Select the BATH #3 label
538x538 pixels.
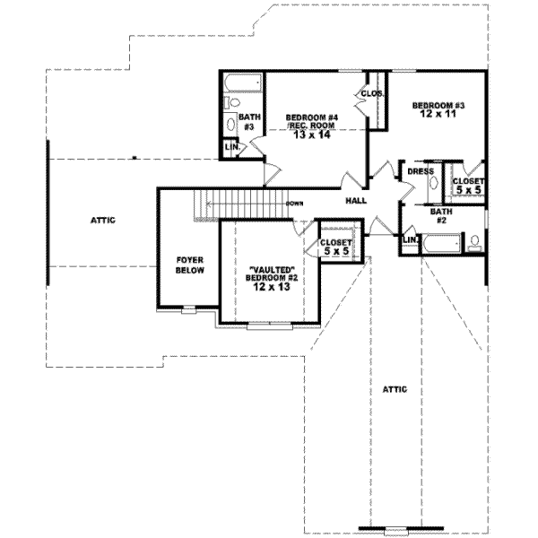click(x=249, y=122)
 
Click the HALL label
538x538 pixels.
click(x=357, y=202)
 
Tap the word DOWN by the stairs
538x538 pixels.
click(x=294, y=204)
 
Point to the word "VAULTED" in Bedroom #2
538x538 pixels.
click(x=270, y=269)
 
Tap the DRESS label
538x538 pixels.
click(x=421, y=171)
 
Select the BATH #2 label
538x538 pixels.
click(x=440, y=216)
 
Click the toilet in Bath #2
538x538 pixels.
click(x=473, y=241)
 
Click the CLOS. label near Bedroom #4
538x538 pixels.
click(x=372, y=93)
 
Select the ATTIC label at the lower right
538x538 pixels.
click(x=395, y=389)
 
